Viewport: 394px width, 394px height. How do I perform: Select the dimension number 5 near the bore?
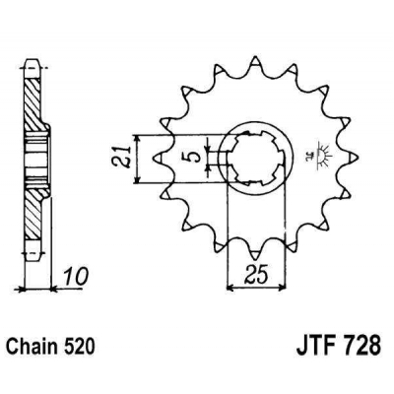coord(195,155)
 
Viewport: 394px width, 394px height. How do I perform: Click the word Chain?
coord(35,348)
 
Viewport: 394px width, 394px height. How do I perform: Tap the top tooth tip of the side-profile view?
coord(33,61)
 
